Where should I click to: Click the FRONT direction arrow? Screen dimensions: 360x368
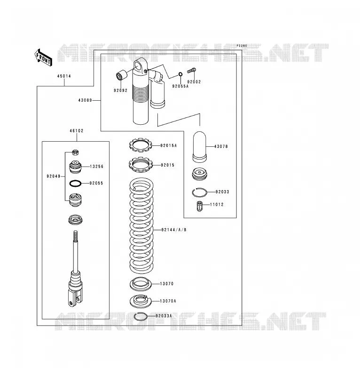click(x=43, y=57)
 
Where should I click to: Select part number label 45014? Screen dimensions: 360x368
click(x=64, y=76)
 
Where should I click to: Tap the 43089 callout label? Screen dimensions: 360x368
click(x=85, y=100)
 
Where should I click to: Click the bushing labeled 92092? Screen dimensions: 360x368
click(x=122, y=75)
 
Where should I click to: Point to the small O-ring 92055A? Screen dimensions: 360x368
click(x=180, y=74)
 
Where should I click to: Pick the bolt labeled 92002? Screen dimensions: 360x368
click(x=191, y=70)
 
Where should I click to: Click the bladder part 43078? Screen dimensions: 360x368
click(x=200, y=147)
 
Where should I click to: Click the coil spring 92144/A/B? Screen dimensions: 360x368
click(x=141, y=225)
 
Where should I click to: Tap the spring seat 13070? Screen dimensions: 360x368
click(x=141, y=284)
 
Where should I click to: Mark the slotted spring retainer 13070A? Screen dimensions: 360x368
click(x=141, y=301)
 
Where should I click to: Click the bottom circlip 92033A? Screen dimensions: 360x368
click(x=141, y=317)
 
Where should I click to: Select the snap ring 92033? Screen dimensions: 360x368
click(x=199, y=192)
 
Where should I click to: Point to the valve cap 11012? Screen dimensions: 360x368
click(x=199, y=206)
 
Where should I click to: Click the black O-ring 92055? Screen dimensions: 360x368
click(x=76, y=184)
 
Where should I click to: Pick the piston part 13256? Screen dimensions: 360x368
click(x=75, y=167)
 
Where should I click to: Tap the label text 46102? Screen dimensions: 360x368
click(x=77, y=131)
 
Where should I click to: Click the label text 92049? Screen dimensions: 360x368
click(x=54, y=176)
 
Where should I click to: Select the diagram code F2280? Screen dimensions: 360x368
click(x=242, y=46)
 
